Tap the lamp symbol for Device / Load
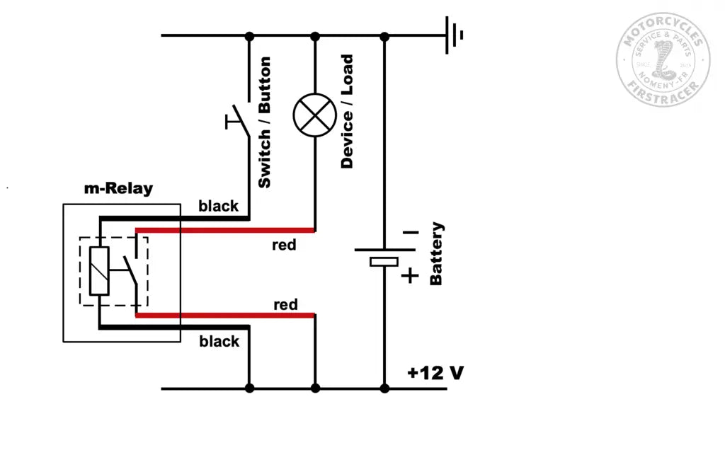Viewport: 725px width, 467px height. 315,115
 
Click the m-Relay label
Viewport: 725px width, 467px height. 118,189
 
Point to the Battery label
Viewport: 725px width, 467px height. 436,253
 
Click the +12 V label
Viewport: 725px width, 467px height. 435,373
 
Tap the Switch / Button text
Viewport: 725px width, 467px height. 264,123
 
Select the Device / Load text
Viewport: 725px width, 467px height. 347,112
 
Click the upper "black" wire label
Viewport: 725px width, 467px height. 219,206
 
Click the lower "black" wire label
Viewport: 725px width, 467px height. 219,341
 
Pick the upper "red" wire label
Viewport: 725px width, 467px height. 285,246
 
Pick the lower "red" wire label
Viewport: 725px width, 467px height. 285,305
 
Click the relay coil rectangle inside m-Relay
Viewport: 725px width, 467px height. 99,272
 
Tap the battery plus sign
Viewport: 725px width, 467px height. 410,276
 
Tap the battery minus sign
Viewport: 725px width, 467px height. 410,232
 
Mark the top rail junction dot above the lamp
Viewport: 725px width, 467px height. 315,35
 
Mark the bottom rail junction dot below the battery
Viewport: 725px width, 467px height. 384,388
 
